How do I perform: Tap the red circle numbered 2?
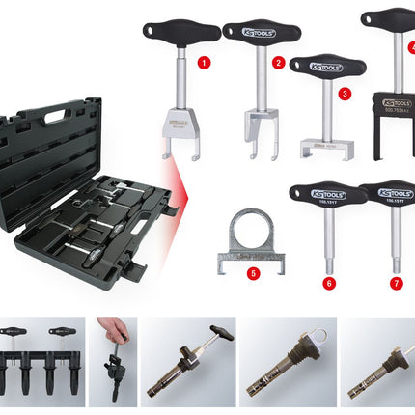point(279,64)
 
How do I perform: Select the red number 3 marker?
point(345,95)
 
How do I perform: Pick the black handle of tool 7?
point(391,193)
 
